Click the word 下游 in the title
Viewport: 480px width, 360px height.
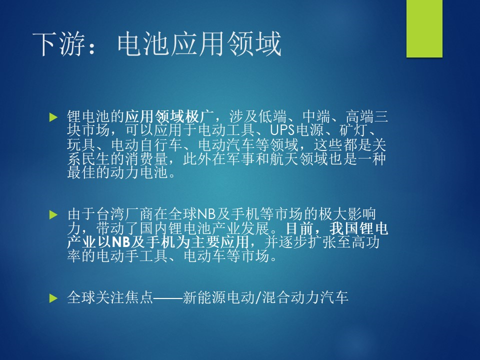click(58, 44)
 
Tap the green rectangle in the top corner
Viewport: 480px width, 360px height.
click(424, 28)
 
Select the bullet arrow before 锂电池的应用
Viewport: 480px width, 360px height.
click(53, 117)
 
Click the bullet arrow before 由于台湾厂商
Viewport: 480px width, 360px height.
click(53, 214)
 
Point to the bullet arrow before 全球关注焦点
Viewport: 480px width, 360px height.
click(53, 298)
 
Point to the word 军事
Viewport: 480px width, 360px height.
click(241, 158)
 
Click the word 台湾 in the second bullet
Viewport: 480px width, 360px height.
click(110, 214)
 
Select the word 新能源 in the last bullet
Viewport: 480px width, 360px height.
click(203, 297)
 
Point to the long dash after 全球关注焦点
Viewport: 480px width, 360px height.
click(168, 298)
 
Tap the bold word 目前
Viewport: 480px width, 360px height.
click(300, 228)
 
